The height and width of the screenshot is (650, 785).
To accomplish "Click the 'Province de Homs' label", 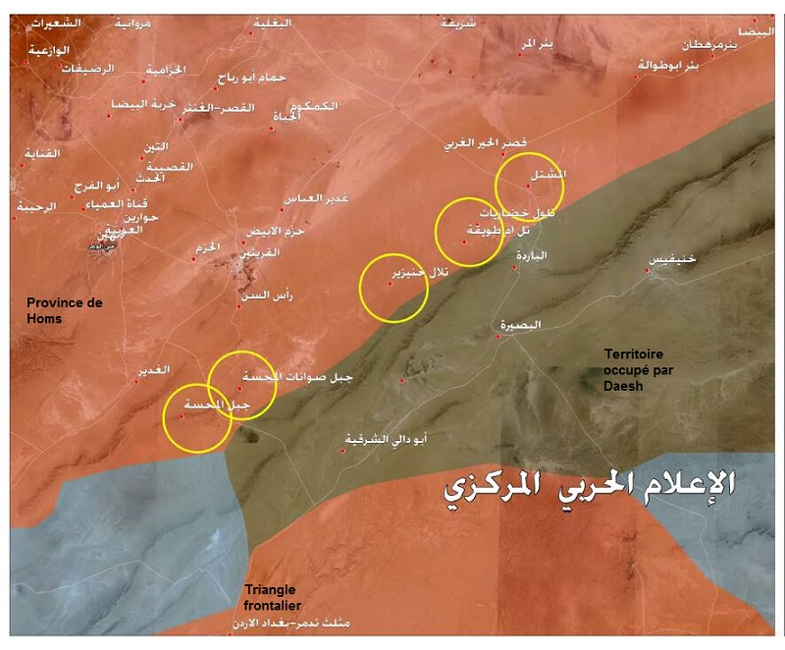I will (64, 310).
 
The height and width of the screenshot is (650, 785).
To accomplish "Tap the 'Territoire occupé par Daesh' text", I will (639, 368).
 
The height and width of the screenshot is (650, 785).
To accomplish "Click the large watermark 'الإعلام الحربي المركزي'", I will (589, 484).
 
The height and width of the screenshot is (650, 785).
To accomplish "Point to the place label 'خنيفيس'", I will (671, 259).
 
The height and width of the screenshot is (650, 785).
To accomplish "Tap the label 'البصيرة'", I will (520, 325).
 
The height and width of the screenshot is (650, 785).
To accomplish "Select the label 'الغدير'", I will (154, 369).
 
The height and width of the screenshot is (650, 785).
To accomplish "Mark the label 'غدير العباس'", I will (315, 198).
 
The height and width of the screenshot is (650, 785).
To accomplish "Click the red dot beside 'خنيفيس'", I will (650, 269).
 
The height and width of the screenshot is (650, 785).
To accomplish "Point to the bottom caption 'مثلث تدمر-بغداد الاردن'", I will (308, 623).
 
